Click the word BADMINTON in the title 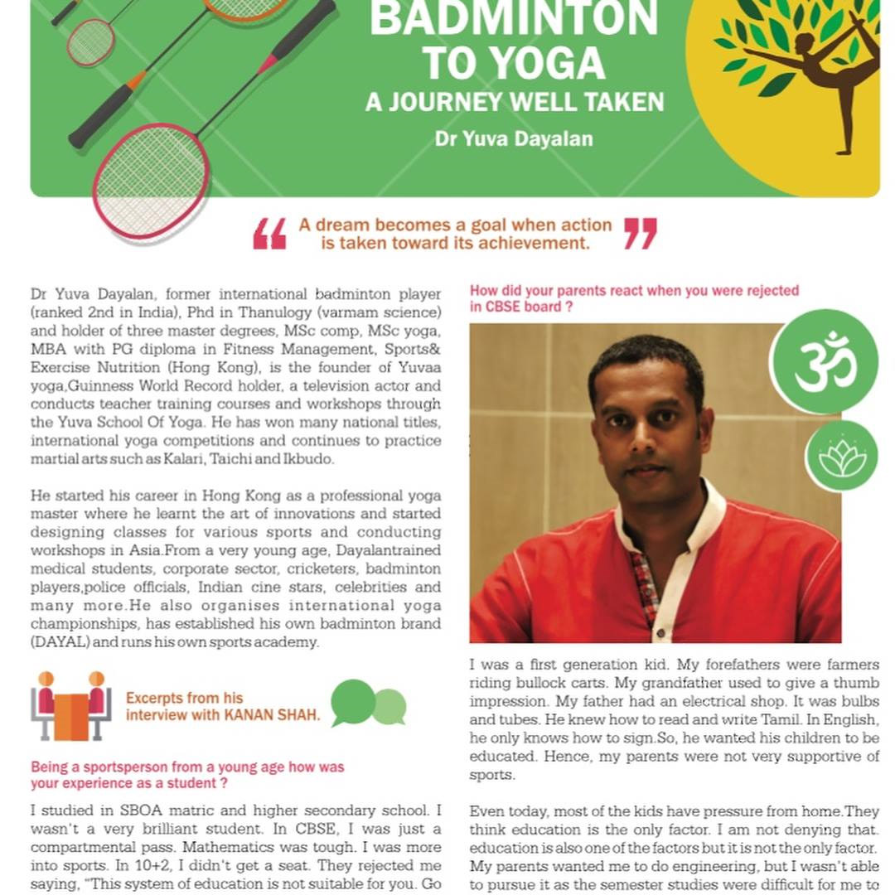tap(514, 18)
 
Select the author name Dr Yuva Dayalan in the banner tap(514, 138)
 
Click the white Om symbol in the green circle tap(824, 362)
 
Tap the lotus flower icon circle tap(841, 457)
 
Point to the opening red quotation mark tap(270, 234)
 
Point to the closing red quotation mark tap(640, 234)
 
